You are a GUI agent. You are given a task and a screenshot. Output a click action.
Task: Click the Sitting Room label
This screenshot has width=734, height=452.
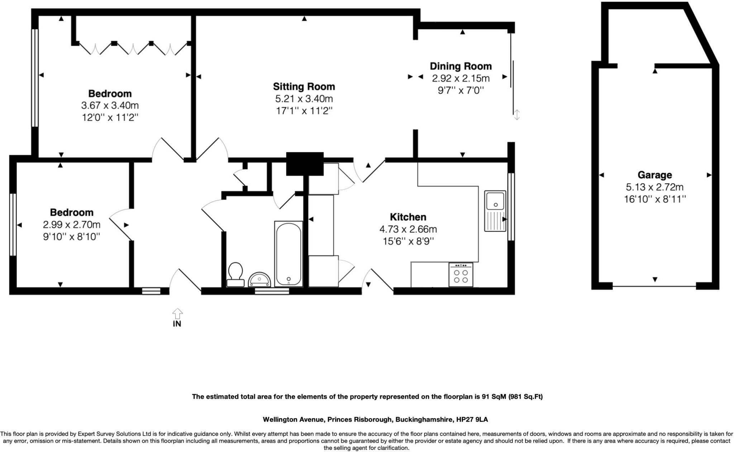coord(304,87)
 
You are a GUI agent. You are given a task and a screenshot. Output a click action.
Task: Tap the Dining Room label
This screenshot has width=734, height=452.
coord(461,66)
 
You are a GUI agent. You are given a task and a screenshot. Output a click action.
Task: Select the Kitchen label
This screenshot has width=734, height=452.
coord(408,217)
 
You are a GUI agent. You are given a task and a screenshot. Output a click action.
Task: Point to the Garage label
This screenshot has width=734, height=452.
coord(654,175)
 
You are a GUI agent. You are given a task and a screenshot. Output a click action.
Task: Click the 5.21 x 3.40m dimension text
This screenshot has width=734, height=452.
coord(304,98)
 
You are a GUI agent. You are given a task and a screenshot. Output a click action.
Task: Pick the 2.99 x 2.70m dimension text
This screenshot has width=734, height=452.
coord(72,224)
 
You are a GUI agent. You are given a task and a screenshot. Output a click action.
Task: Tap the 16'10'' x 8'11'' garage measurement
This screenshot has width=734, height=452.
coord(655,199)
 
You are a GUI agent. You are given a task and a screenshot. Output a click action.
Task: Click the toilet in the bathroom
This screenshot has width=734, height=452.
coord(235,274)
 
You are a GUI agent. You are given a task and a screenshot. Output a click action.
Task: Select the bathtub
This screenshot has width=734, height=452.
coord(289,254)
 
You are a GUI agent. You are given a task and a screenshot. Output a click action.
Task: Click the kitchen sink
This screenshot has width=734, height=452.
coord(495,211)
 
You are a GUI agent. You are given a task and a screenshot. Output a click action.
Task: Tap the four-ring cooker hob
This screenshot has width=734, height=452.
coord(461,274)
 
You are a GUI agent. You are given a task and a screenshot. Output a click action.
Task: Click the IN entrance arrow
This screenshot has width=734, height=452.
coord(177,314)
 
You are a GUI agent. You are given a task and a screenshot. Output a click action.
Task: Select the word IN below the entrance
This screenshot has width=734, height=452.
coord(177,324)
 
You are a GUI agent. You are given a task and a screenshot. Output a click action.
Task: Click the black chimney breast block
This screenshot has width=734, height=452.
coord(305,164)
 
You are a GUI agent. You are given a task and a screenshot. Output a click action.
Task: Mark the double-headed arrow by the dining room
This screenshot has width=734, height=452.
coord(516,115)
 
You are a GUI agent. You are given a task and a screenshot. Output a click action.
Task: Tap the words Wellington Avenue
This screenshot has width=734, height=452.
coord(294,419)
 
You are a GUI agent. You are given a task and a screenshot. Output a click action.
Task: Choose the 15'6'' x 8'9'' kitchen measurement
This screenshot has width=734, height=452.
coord(408,241)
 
